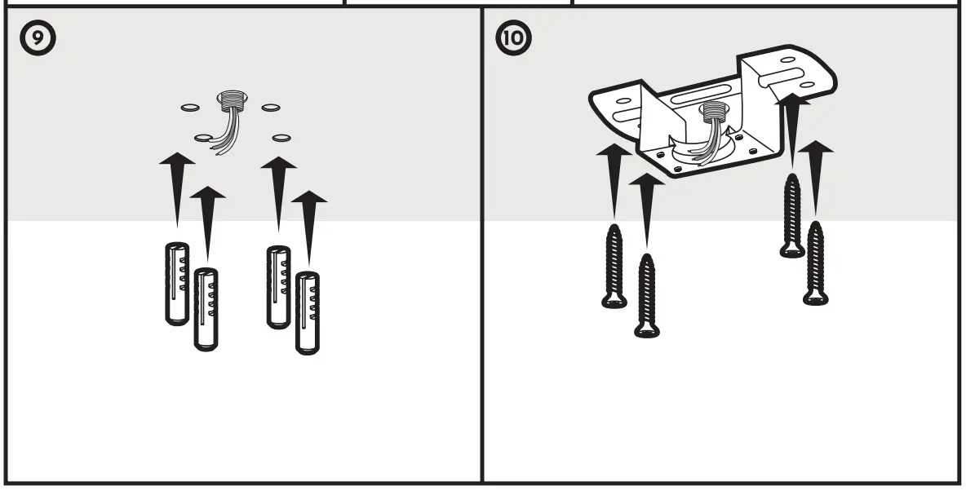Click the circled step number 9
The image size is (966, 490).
pos(39,39)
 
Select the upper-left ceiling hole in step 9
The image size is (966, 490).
pos(188,107)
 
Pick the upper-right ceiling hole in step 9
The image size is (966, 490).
pos(271,107)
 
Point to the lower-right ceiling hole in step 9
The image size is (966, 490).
pos(281,137)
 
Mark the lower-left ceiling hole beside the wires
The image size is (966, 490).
pos(203,138)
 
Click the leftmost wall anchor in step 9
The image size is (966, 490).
pos(177,283)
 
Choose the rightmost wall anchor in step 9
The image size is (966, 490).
pos(307,312)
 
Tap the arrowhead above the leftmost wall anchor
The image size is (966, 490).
pos(177,163)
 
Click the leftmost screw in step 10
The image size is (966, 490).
pos(614,267)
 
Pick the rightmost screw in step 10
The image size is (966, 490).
pos(816,263)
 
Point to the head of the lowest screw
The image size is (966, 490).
pos(646,329)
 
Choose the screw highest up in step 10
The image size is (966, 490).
pos(791,215)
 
